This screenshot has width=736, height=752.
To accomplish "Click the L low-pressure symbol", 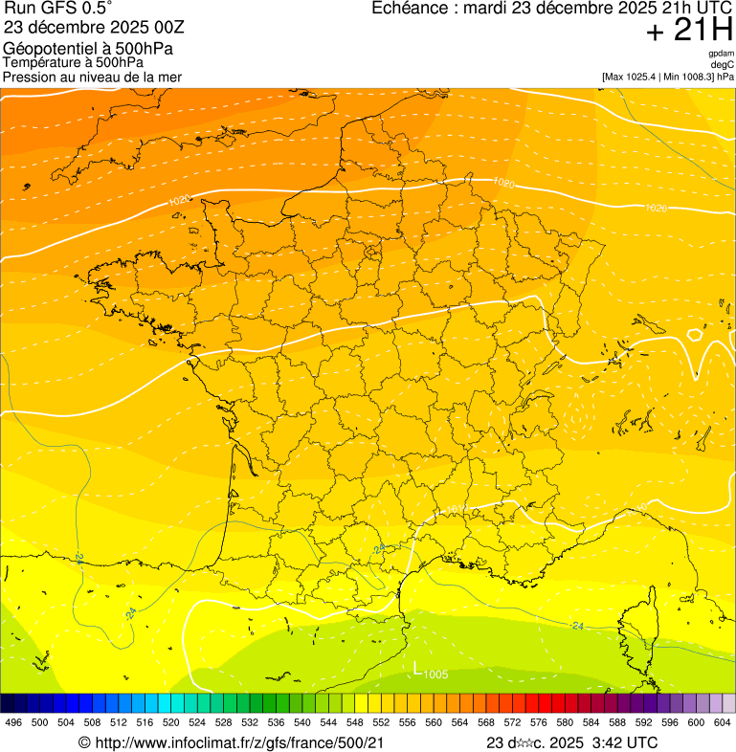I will pos(417,669).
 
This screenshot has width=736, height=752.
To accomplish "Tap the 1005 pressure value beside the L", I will pos(435,675).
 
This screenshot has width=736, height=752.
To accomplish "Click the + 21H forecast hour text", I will pos(689,31).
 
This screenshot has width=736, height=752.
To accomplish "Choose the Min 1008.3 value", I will pos(688,76).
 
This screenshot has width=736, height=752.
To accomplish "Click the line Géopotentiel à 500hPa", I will pos(88,49).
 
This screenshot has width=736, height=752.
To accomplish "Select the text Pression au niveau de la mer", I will pos(92,77).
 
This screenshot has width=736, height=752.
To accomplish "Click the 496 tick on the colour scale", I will pos(13,722).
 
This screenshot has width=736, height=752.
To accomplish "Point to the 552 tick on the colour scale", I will pos(381,722).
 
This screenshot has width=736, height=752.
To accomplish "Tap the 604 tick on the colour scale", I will pos(723,722).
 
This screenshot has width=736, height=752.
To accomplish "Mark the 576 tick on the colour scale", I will pos(539,722).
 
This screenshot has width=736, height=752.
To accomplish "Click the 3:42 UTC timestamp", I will pos(626,742).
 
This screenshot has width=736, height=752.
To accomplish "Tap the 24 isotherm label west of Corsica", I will pos(577,626).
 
